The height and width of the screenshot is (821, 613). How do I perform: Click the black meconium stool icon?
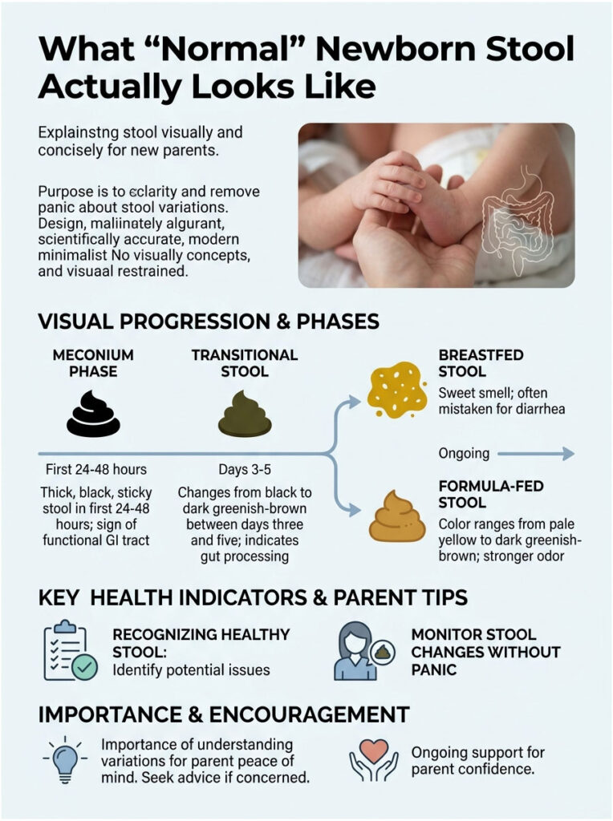pyautogui.click(x=93, y=415)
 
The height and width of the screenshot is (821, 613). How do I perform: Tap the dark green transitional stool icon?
pyautogui.click(x=245, y=415)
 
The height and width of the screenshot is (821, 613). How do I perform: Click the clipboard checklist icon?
pyautogui.click(x=69, y=651)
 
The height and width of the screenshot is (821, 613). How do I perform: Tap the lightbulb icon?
pyautogui.click(x=65, y=760)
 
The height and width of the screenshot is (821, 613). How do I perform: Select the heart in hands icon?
pyautogui.click(x=373, y=759)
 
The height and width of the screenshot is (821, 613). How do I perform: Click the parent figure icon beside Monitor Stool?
pyautogui.click(x=358, y=650)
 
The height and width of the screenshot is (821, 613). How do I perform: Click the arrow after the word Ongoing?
pyautogui.click(x=535, y=454)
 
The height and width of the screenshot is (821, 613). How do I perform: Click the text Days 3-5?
pyautogui.click(x=245, y=469)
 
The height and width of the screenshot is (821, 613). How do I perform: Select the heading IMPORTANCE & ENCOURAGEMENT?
pyautogui.click(x=224, y=714)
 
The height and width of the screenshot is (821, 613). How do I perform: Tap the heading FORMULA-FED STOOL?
pyautogui.click(x=473, y=494)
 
